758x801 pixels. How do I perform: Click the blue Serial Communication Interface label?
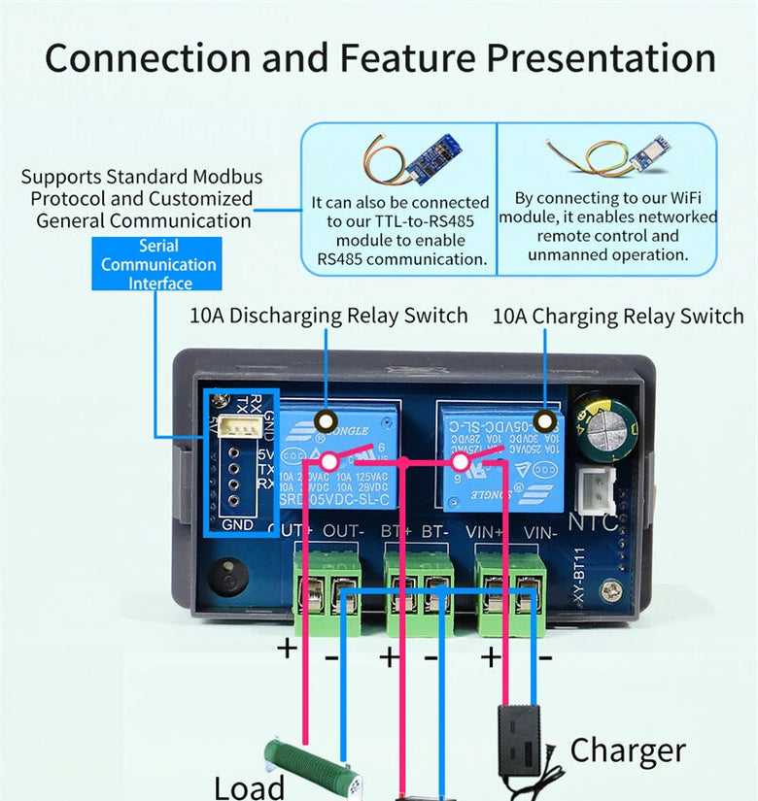coord(158,265)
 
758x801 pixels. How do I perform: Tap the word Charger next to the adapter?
coord(628,751)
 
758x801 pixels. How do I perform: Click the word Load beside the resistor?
coord(249,785)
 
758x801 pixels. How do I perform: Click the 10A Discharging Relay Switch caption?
coord(328,316)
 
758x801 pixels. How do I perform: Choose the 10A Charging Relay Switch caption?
coord(618,316)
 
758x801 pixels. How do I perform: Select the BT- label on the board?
coord(434,533)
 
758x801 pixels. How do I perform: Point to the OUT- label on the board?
coord(343,533)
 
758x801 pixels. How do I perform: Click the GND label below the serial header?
coord(237,525)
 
